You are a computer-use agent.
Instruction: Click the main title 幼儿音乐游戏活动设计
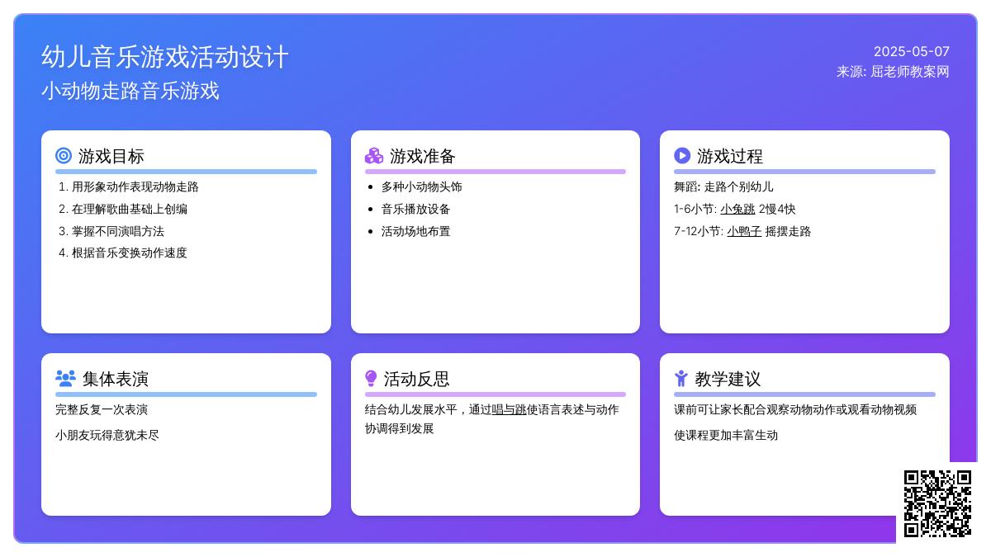165,57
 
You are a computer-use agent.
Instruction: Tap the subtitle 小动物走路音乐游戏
130,91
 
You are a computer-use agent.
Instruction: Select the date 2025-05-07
912,51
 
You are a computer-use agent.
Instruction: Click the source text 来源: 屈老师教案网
893,72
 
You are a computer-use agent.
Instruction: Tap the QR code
937,503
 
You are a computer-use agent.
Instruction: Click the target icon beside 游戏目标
64,156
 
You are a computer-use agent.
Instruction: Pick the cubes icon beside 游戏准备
374,156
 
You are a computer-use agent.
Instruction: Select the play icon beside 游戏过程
682,156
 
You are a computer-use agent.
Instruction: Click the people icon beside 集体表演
65,379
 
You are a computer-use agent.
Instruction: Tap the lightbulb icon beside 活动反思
371,379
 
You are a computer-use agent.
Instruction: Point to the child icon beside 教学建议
681,379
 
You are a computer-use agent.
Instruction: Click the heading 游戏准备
422,156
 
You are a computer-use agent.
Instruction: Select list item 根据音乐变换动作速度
129,253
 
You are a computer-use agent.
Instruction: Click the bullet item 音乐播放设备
415,209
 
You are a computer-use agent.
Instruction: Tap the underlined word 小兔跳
737,209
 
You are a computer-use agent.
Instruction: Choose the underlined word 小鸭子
744,231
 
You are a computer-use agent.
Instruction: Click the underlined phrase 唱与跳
509,410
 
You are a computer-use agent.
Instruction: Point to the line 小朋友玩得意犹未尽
107,436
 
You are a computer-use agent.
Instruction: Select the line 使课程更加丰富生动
726,436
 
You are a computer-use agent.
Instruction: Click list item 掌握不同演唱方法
117,231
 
